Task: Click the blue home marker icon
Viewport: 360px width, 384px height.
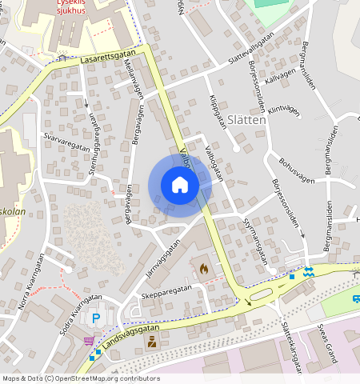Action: pos(180,186)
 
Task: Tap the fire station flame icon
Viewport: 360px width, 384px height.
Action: pos(203,269)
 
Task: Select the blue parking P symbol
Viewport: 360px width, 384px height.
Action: pos(97,318)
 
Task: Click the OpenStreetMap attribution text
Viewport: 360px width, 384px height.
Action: pos(70,378)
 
